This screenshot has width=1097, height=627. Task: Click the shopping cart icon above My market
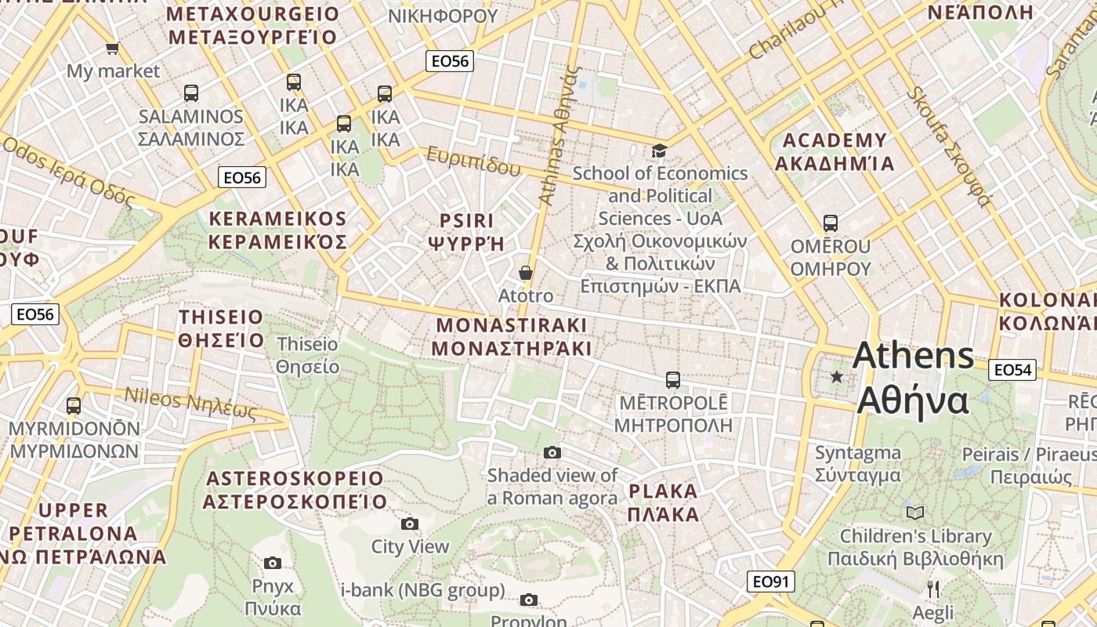tap(113, 48)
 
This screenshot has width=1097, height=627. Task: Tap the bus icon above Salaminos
tap(190, 93)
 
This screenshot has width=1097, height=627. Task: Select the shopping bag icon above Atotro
tap(526, 273)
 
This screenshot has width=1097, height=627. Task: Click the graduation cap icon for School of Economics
tap(659, 150)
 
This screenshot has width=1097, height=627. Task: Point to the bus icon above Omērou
tap(830, 223)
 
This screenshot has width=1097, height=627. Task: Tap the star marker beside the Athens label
tap(837, 377)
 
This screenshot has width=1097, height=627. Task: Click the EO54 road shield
tap(1012, 370)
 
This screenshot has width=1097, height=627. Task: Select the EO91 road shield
tap(771, 582)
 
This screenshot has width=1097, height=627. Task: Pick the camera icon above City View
tap(409, 524)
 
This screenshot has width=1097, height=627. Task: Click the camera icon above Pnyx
tap(272, 563)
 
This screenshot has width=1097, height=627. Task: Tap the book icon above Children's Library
tap(914, 513)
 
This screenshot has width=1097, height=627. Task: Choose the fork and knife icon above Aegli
tap(932, 589)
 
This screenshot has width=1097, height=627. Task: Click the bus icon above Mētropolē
tap(672, 380)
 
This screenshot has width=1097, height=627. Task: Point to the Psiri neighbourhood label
tap(467, 231)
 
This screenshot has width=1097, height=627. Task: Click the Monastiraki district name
tap(512, 337)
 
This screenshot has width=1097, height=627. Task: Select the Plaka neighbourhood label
tap(663, 503)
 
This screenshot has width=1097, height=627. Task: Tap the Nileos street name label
tap(190, 403)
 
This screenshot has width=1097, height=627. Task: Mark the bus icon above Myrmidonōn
tap(74, 406)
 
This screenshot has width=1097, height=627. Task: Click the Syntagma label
tap(858, 464)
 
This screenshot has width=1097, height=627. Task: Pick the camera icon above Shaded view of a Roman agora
tap(552, 452)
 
